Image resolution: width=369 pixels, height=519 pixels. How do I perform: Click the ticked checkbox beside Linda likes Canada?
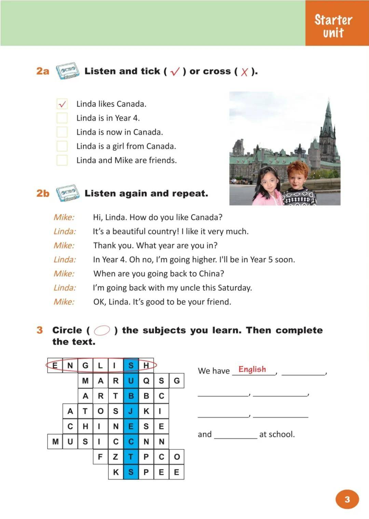pyautogui.click(x=62, y=104)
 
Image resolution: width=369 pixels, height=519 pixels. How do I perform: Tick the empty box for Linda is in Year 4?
pyautogui.click(x=62, y=118)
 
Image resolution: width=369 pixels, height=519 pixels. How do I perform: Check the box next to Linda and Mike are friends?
pyautogui.click(x=62, y=160)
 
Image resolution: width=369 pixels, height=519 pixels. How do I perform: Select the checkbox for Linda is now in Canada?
pyautogui.click(x=62, y=132)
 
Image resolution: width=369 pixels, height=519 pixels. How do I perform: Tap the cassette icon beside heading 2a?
pyautogui.click(x=67, y=70)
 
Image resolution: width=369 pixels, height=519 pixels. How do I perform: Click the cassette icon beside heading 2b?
pyautogui.click(x=68, y=193)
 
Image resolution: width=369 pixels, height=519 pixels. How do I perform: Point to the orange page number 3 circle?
pyautogui.click(x=347, y=499)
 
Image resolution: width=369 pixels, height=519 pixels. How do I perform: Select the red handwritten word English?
pyautogui.click(x=252, y=369)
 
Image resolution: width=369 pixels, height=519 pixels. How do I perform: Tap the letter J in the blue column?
pyautogui.click(x=131, y=411)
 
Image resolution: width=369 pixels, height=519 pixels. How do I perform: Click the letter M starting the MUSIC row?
pyautogui.click(x=55, y=442)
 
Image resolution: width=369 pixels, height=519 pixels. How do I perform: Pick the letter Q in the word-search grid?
pyautogui.click(x=146, y=381)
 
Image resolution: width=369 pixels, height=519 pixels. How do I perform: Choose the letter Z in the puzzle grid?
pyautogui.click(x=116, y=457)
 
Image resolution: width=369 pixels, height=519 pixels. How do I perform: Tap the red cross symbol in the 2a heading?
pyautogui.click(x=244, y=72)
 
